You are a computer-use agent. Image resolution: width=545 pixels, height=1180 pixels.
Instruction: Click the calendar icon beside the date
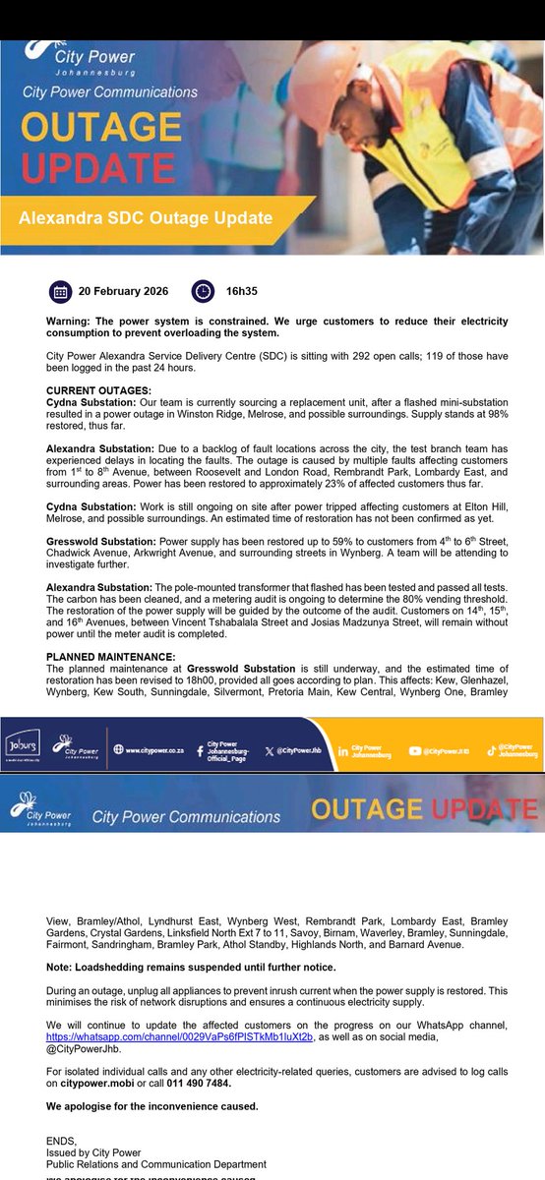60,291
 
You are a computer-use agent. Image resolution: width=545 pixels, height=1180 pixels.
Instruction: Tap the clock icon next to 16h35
202,291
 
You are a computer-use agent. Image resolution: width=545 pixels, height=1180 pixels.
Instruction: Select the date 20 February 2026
123,292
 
